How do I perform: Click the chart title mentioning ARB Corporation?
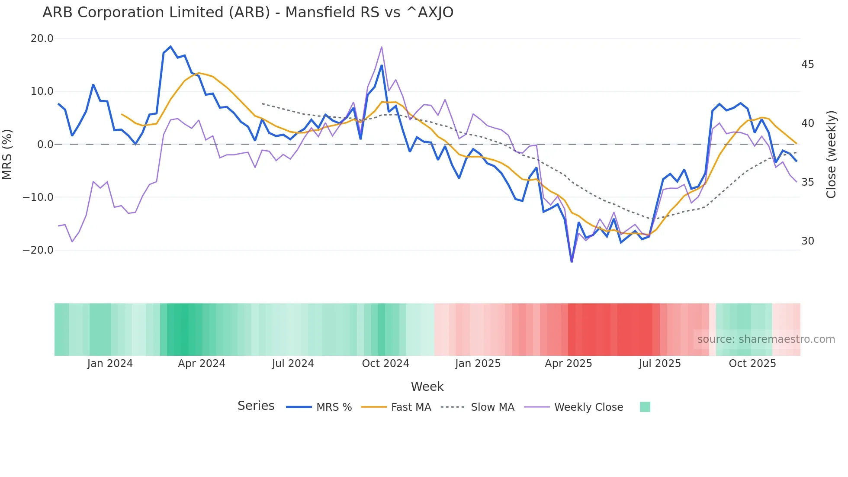pyautogui.click(x=248, y=13)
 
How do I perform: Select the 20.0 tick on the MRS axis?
pyautogui.click(x=42, y=39)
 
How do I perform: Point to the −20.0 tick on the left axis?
pyautogui.click(x=38, y=250)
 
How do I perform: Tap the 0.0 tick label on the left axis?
pyautogui.click(x=45, y=145)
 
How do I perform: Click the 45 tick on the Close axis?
pyautogui.click(x=807, y=64)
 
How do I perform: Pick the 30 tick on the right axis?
pyautogui.click(x=807, y=241)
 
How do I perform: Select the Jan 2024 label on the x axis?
pyautogui.click(x=110, y=364)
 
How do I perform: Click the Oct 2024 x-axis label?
pyautogui.click(x=385, y=364)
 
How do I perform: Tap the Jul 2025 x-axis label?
pyautogui.click(x=660, y=364)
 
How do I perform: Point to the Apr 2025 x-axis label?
pyautogui.click(x=568, y=364)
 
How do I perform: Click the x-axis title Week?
pyautogui.click(x=427, y=387)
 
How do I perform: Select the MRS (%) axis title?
pyautogui.click(x=7, y=154)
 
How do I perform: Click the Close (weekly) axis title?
pyautogui.click(x=831, y=154)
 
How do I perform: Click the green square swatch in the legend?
pyautogui.click(x=645, y=407)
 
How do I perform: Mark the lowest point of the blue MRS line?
pyautogui.click(x=572, y=261)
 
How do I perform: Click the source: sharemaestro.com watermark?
pyautogui.click(x=766, y=339)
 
